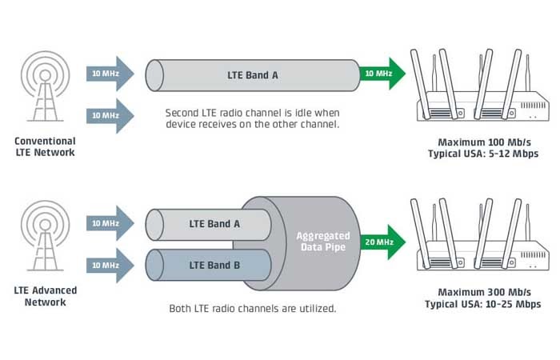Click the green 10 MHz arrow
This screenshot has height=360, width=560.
[382, 74]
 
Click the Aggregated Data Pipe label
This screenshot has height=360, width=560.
[323, 242]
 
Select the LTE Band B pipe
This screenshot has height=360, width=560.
[208, 265]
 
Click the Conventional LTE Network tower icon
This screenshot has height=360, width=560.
[45, 86]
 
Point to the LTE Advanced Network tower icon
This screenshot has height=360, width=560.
[45, 235]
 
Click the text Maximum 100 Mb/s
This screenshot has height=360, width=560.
[484, 142]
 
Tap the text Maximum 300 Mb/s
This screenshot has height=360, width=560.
[484, 292]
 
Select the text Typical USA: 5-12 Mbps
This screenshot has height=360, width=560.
[483, 154]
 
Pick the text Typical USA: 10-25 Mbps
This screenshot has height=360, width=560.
[483, 304]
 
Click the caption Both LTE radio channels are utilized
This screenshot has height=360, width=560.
[253, 308]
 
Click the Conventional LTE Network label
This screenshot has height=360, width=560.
[45, 146]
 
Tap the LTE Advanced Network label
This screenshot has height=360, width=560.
[46, 296]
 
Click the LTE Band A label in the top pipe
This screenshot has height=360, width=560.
[253, 75]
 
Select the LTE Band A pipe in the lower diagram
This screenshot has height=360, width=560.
[208, 224]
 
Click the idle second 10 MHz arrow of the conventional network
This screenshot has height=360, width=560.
[110, 116]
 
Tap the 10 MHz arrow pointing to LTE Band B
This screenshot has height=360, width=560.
[110, 266]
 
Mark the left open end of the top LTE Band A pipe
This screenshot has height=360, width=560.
[154, 75]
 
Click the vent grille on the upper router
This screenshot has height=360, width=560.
[533, 106]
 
